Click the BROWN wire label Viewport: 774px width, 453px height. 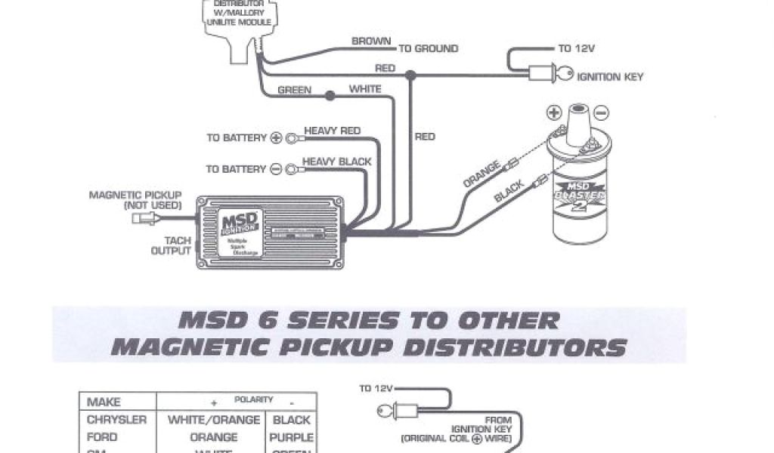coord(371,42)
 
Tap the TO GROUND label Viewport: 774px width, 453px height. coord(428,48)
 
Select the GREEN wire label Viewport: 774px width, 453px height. coord(294,90)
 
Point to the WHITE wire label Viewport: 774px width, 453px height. coord(364,89)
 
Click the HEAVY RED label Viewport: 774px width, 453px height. coord(333,131)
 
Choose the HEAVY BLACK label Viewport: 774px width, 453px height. coord(337,162)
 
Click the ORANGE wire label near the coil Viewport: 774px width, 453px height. coord(481,174)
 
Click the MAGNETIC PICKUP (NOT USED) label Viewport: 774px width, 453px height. coord(135,199)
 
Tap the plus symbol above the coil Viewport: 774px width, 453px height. coord(551,113)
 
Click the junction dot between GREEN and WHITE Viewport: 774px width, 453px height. coord(329,96)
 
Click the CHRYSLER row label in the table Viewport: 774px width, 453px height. coord(116,420)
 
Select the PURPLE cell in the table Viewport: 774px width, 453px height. coord(291,437)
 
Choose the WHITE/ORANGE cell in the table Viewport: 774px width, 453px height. coord(213,420)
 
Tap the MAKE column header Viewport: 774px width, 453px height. coord(104,402)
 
